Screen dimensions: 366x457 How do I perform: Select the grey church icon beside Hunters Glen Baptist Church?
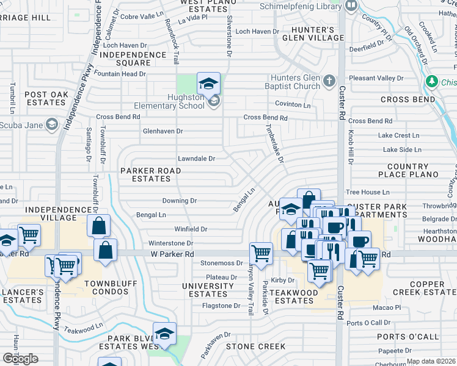pos(329,81)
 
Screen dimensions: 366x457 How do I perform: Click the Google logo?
pos(20,359)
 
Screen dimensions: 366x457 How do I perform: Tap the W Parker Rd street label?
pos(172,254)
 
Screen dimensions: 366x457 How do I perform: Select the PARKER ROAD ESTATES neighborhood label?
pos(150,174)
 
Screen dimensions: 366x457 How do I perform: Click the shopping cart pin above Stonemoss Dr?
pos(261,253)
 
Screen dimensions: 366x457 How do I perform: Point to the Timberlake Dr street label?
pos(274,140)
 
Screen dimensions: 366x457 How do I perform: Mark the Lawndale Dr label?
pos(196,159)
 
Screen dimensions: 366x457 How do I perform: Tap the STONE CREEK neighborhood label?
pos(255,346)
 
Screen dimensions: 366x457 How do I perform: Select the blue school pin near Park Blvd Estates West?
pos(164,334)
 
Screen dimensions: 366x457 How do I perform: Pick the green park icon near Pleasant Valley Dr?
pos(432,81)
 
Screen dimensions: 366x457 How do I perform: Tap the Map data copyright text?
pos(431,361)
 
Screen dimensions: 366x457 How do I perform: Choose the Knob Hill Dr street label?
pos(351,149)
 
